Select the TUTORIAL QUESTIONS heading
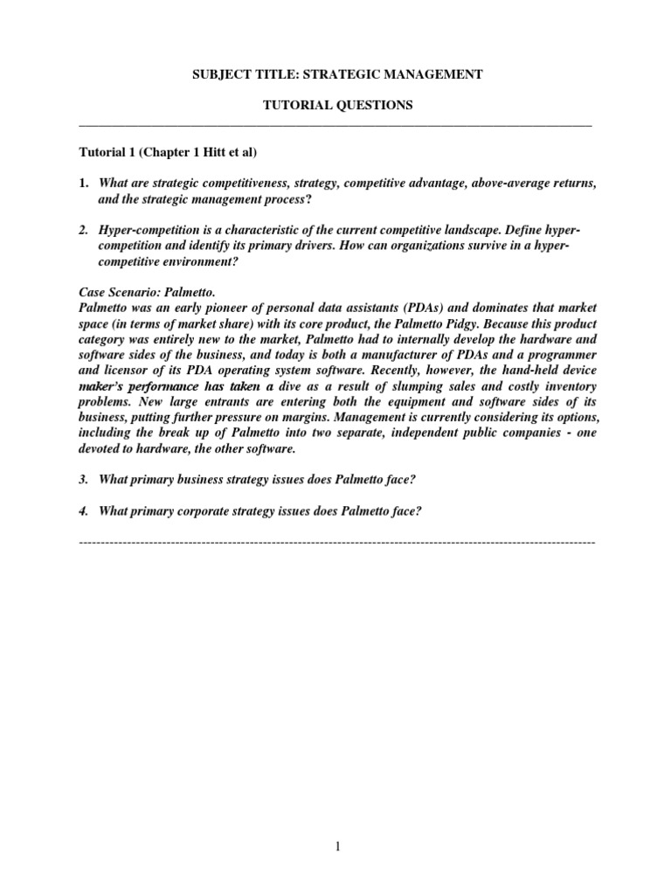coord(337,106)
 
